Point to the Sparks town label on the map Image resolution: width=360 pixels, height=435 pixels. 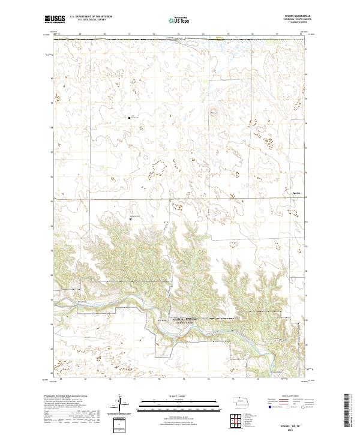[295, 193]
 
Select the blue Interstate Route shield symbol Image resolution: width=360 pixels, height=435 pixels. [265, 406]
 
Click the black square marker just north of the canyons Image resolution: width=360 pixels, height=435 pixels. [131, 220]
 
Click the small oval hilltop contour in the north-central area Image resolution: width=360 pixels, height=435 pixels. [213, 111]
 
